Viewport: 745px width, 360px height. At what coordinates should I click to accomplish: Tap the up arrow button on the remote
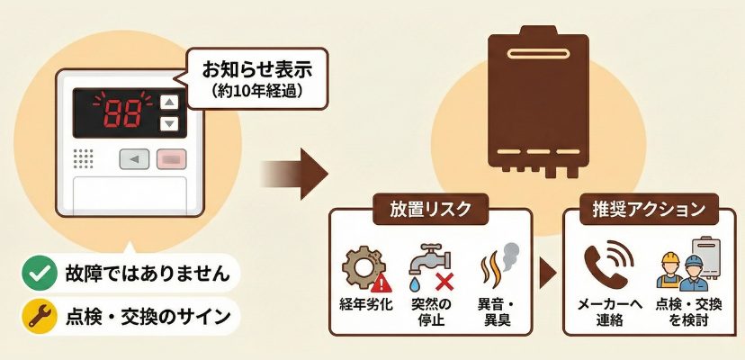pyautogui.click(x=168, y=102)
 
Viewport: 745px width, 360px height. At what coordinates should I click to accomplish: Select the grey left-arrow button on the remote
pyautogui.click(x=135, y=160)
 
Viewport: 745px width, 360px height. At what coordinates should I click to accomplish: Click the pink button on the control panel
pyautogui.click(x=169, y=160)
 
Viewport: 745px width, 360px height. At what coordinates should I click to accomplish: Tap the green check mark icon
pyautogui.click(x=36, y=271)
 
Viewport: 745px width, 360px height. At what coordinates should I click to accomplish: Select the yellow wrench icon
pyautogui.click(x=36, y=316)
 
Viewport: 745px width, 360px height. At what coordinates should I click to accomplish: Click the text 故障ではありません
pyautogui.click(x=139, y=271)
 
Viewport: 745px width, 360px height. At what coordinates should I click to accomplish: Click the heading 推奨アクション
pyautogui.click(x=641, y=211)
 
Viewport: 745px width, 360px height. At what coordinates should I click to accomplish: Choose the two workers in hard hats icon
pyautogui.click(x=680, y=271)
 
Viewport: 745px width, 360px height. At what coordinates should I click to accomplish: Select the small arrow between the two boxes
pyautogui.click(x=547, y=272)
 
